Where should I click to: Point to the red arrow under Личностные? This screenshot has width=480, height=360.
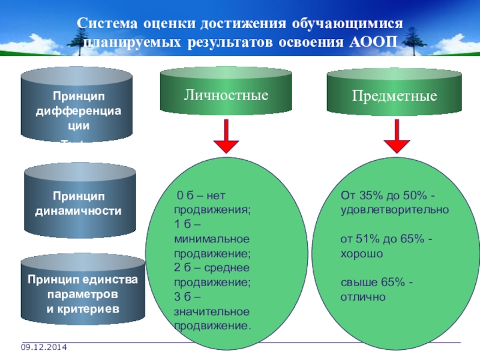click(226, 137)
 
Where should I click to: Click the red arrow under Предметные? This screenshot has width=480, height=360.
click(396, 137)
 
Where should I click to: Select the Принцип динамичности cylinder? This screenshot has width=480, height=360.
click(79, 204)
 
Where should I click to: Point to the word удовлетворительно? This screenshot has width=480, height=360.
click(395, 209)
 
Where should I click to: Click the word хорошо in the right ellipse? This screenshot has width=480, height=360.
click(362, 253)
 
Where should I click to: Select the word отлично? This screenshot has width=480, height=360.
click(362, 297)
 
